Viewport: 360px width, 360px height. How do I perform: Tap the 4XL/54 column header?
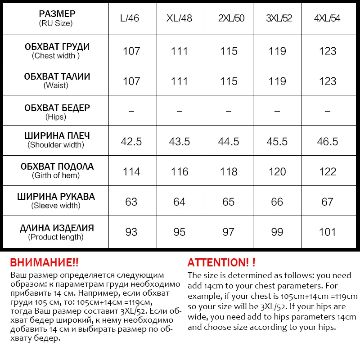pyautogui.click(x=327, y=19)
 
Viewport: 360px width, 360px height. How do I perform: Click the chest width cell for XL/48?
pyautogui.click(x=179, y=51)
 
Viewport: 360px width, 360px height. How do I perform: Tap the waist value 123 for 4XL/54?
pyautogui.click(x=327, y=81)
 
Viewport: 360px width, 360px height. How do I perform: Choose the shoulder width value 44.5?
pyautogui.click(x=229, y=141)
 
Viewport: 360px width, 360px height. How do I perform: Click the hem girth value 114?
pyautogui.click(x=131, y=171)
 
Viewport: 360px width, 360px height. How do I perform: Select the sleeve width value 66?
pyautogui.click(x=277, y=202)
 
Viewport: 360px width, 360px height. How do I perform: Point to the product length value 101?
pyautogui.click(x=327, y=232)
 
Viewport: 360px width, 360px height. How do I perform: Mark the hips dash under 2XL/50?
pyautogui.click(x=229, y=111)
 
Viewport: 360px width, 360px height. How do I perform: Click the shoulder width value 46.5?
pyautogui.click(x=327, y=141)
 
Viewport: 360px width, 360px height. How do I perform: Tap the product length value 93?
pyautogui.click(x=131, y=232)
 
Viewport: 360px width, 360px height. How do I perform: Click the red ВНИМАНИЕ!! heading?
pyautogui.click(x=44, y=263)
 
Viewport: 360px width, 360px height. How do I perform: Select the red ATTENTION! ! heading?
pyautogui.click(x=221, y=263)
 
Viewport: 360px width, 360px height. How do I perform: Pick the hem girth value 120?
pyautogui.click(x=277, y=171)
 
